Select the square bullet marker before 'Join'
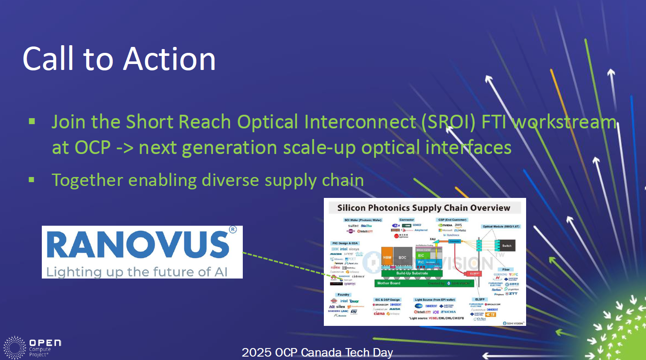[x=32, y=122]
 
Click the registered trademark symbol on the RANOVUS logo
[x=233, y=229]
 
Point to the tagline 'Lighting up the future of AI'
[x=137, y=272]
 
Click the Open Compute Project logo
[x=32, y=348]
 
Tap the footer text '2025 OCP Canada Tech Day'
[x=317, y=352]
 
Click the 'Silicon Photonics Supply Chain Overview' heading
[x=424, y=208]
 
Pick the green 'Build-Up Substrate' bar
[x=412, y=273]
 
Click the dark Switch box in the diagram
[x=506, y=245]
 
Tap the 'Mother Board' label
[x=389, y=283]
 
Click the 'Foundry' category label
[x=343, y=294]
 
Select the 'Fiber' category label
[x=506, y=269]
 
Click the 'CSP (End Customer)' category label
[x=452, y=220]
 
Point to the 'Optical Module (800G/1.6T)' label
[x=501, y=226]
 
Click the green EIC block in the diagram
[x=421, y=255]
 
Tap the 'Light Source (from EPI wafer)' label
[x=435, y=299]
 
